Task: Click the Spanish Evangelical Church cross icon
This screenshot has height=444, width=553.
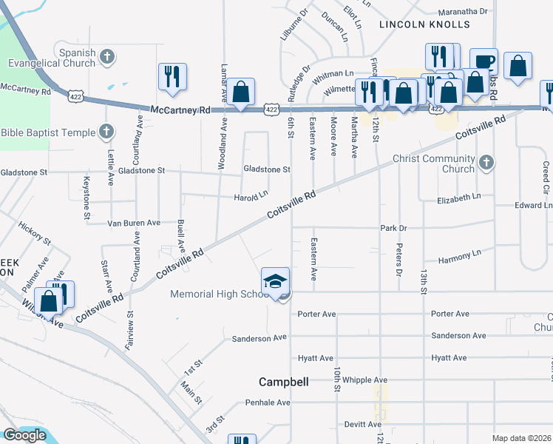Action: point(107,56)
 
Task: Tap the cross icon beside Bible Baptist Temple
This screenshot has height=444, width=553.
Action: point(106,132)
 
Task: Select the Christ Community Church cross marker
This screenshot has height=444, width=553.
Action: point(486,162)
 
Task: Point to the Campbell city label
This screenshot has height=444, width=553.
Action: point(283,383)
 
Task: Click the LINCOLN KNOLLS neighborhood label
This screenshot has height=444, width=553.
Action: point(424,24)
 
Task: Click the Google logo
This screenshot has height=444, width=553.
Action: point(24,435)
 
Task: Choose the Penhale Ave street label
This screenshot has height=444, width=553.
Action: point(268,403)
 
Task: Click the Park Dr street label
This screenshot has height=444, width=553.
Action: point(394,228)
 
